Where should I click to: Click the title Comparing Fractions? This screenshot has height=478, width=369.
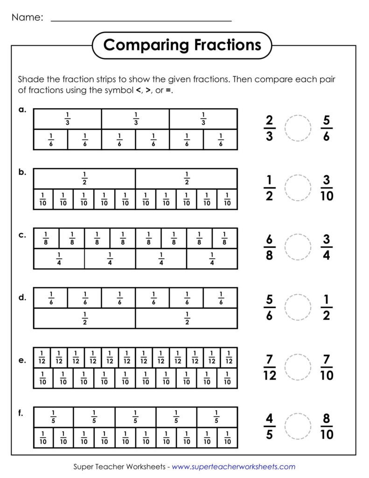coord(182,45)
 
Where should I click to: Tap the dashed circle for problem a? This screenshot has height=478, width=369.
coord(297,128)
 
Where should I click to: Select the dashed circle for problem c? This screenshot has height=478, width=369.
coord(297,247)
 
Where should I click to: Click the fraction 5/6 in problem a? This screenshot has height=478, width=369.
coord(326,128)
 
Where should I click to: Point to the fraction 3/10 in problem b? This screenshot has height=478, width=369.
coord(327,188)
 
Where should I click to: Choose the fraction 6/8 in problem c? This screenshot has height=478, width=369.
coord(269,247)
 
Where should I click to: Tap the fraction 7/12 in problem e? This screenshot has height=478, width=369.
coord(270,367)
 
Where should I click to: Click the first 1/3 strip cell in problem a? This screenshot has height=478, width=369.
coord(68,119)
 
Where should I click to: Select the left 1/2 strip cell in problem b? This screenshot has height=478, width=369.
coord(84,179)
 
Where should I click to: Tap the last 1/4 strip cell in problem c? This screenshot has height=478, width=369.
coord(212,259)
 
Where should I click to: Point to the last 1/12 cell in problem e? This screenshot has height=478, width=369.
coord(229,358)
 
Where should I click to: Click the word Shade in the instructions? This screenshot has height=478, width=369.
coord(29,79)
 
